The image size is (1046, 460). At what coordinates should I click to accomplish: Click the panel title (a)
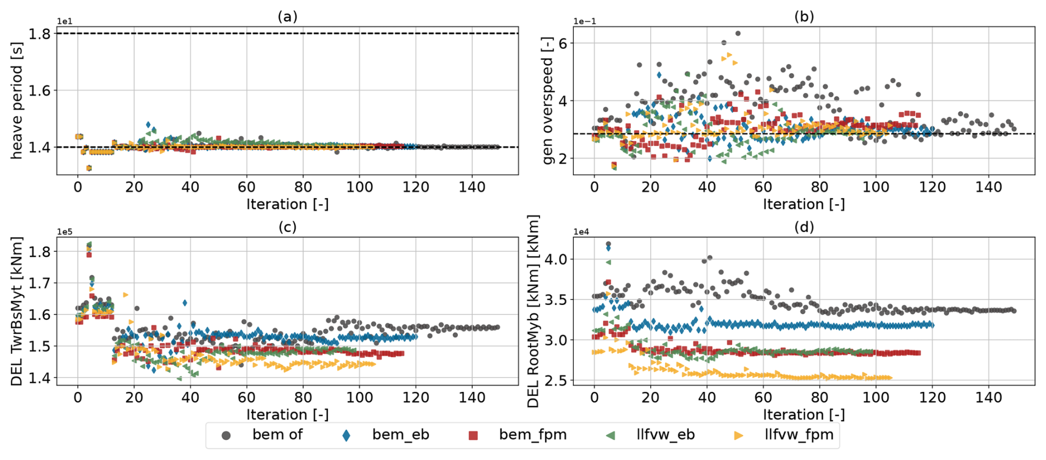(287, 17)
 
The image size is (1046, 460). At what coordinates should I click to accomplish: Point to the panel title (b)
(804, 17)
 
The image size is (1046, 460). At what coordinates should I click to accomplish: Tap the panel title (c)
(287, 227)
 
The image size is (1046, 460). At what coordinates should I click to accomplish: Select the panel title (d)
(804, 227)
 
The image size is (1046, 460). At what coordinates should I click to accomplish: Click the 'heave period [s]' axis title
(17, 101)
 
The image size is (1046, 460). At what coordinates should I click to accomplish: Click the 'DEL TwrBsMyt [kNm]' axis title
(17, 311)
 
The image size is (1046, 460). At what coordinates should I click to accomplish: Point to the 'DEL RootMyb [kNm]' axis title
(533, 311)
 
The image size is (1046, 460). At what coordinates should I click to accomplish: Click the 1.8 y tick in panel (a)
(39, 34)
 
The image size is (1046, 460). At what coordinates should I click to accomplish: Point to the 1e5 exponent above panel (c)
(65, 232)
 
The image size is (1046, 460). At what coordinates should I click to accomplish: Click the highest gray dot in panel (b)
(738, 34)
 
